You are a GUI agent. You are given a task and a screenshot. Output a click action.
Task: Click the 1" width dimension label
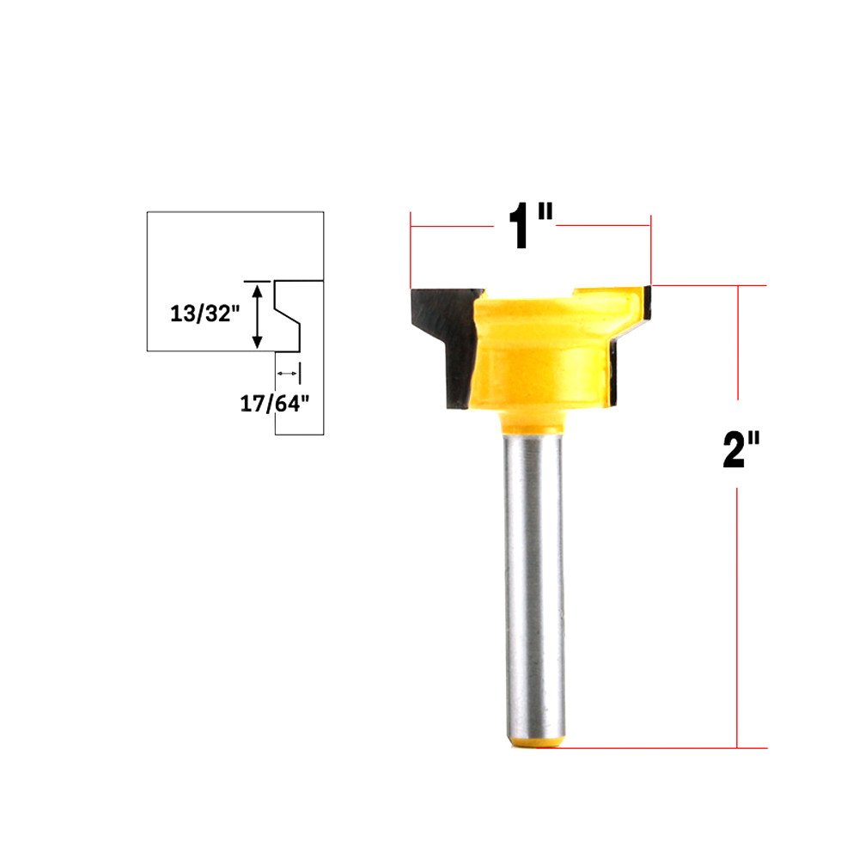pos(527,228)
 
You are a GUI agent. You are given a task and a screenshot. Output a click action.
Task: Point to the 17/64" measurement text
pos(274,404)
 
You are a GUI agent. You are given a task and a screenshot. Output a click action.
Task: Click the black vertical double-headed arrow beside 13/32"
pos(256,315)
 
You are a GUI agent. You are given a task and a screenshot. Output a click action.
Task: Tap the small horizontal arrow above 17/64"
pos(288,374)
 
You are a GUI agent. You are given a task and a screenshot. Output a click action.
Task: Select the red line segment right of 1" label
pos(603,227)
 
